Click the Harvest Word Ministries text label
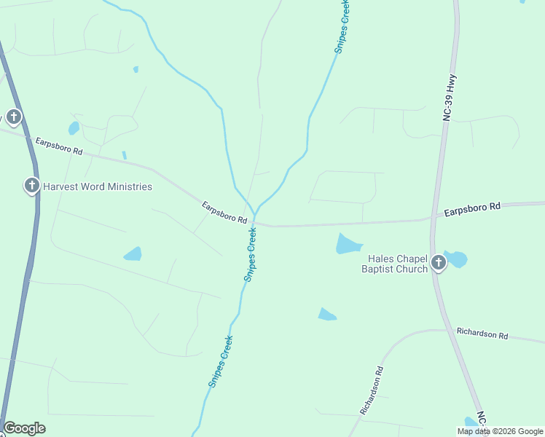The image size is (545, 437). (x=98, y=186)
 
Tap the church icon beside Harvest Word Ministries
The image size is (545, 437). (x=31, y=186)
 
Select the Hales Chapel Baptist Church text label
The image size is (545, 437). (x=397, y=264)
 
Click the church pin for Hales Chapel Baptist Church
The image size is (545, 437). (x=438, y=262)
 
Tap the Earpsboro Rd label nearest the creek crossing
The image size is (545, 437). (x=226, y=213)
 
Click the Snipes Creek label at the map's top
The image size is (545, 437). (x=342, y=28)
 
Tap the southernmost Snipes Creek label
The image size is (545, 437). (x=220, y=361)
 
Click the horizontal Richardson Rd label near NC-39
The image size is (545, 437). (x=482, y=334)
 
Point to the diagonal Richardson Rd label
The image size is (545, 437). (x=371, y=391)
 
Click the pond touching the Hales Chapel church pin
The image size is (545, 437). (x=457, y=259)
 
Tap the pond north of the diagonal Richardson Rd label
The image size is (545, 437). (x=326, y=314)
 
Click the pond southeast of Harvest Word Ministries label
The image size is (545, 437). (x=133, y=254)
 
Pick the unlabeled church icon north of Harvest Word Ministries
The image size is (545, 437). (x=13, y=117)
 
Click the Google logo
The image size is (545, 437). (x=24, y=428)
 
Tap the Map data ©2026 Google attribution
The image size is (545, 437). (x=499, y=431)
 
